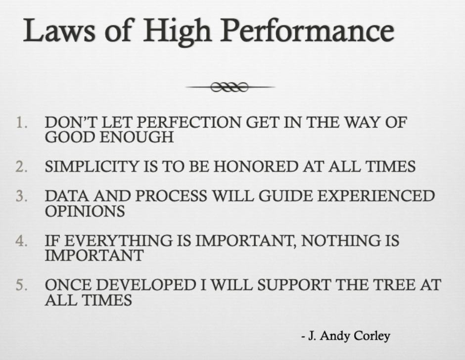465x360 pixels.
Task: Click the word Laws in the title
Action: (x=59, y=30)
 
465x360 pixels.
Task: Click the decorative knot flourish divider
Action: (x=230, y=87)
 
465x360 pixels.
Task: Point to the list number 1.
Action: (x=22, y=122)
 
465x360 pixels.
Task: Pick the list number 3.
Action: (x=22, y=196)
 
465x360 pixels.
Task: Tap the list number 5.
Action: (x=22, y=285)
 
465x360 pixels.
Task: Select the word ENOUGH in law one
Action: (x=137, y=137)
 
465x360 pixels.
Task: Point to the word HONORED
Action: (x=256, y=166)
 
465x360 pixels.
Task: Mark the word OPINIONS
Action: (x=85, y=211)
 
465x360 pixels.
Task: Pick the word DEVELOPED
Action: (x=146, y=285)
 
